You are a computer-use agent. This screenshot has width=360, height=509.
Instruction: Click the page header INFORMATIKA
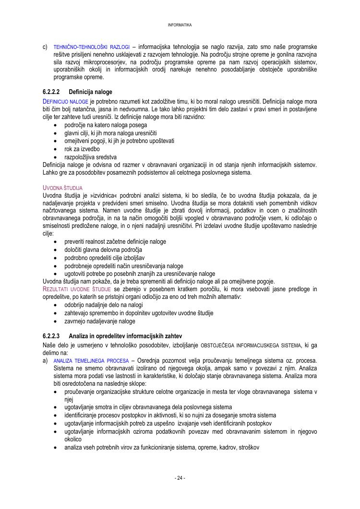180,25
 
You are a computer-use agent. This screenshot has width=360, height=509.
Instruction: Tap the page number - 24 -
180,478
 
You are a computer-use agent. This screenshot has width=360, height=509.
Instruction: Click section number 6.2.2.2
51,92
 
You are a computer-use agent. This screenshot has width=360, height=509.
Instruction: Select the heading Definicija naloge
90,92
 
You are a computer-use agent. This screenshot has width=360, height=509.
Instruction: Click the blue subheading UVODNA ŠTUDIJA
63,187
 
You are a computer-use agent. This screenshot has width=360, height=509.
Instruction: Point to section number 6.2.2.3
51,336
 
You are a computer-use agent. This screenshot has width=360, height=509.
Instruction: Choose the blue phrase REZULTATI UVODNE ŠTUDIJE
78,289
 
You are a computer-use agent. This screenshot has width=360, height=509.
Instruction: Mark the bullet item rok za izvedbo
82,149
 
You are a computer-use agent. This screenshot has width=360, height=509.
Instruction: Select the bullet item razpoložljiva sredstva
91,157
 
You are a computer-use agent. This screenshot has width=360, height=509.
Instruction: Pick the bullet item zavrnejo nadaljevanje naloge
100,321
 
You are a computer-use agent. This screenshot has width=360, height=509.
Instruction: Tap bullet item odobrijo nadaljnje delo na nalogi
104,305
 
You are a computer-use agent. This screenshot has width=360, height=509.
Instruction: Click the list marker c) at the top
45,47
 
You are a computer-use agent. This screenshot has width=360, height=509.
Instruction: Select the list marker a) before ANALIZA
45,360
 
